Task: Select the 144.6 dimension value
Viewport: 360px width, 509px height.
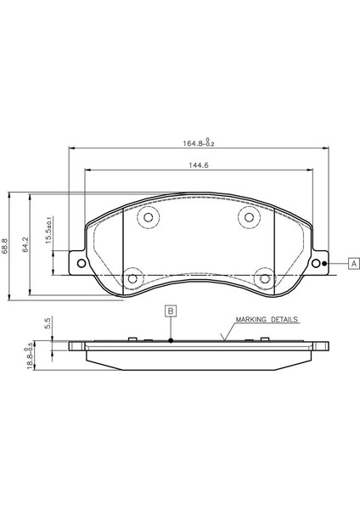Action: (199, 165)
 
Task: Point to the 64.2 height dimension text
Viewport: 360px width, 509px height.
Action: (26, 244)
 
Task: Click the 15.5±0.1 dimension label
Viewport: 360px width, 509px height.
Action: (48, 230)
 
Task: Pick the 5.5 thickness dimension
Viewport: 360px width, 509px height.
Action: (48, 323)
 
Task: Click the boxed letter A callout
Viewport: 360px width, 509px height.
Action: (354, 263)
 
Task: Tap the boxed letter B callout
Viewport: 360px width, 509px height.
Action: (171, 311)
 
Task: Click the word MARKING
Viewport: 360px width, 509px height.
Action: (250, 320)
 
